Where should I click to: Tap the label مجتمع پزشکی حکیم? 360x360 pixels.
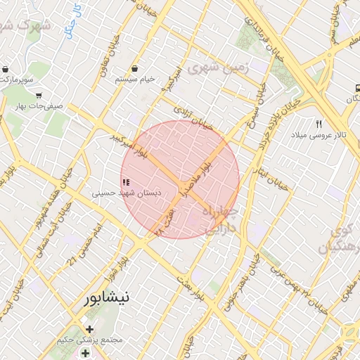[89, 340]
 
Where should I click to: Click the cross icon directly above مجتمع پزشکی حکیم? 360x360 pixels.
[89, 328]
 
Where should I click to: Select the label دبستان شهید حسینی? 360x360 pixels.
[127, 191]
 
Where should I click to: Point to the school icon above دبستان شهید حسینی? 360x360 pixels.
[126, 182]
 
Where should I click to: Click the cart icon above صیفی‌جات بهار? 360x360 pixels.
[38, 95]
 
